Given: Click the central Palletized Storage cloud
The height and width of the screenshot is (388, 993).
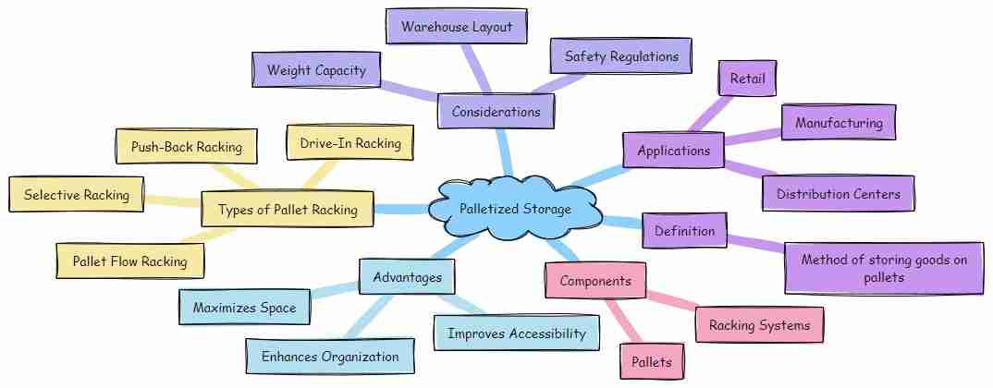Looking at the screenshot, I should coord(515,210).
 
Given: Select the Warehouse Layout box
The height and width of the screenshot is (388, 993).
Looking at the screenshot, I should coord(456,28).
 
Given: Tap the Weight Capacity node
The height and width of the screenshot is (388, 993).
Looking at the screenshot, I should coord(316,70).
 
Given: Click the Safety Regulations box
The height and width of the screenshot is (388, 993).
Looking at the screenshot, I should coord(621,56).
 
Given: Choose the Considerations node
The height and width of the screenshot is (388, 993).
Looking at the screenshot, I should coord(496,112).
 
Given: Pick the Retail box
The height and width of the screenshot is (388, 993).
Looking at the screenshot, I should coord(747,79).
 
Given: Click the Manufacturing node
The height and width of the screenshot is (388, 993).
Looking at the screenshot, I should coord(839,123).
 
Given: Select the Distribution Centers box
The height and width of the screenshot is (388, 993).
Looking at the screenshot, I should coord(838,194).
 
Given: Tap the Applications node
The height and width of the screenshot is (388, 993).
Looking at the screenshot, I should coord(673,150).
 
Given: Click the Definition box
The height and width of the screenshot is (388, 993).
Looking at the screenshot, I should coord(685,230).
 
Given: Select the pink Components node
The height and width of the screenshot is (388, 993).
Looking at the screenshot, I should coord(595,281).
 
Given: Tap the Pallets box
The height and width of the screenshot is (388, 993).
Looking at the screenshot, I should coord(653,360).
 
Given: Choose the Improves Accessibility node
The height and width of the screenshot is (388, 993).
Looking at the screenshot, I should coord(517,333).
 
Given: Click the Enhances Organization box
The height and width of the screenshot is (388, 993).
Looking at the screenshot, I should coord(329,357).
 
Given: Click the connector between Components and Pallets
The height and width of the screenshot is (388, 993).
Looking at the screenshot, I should coord(621,319).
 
